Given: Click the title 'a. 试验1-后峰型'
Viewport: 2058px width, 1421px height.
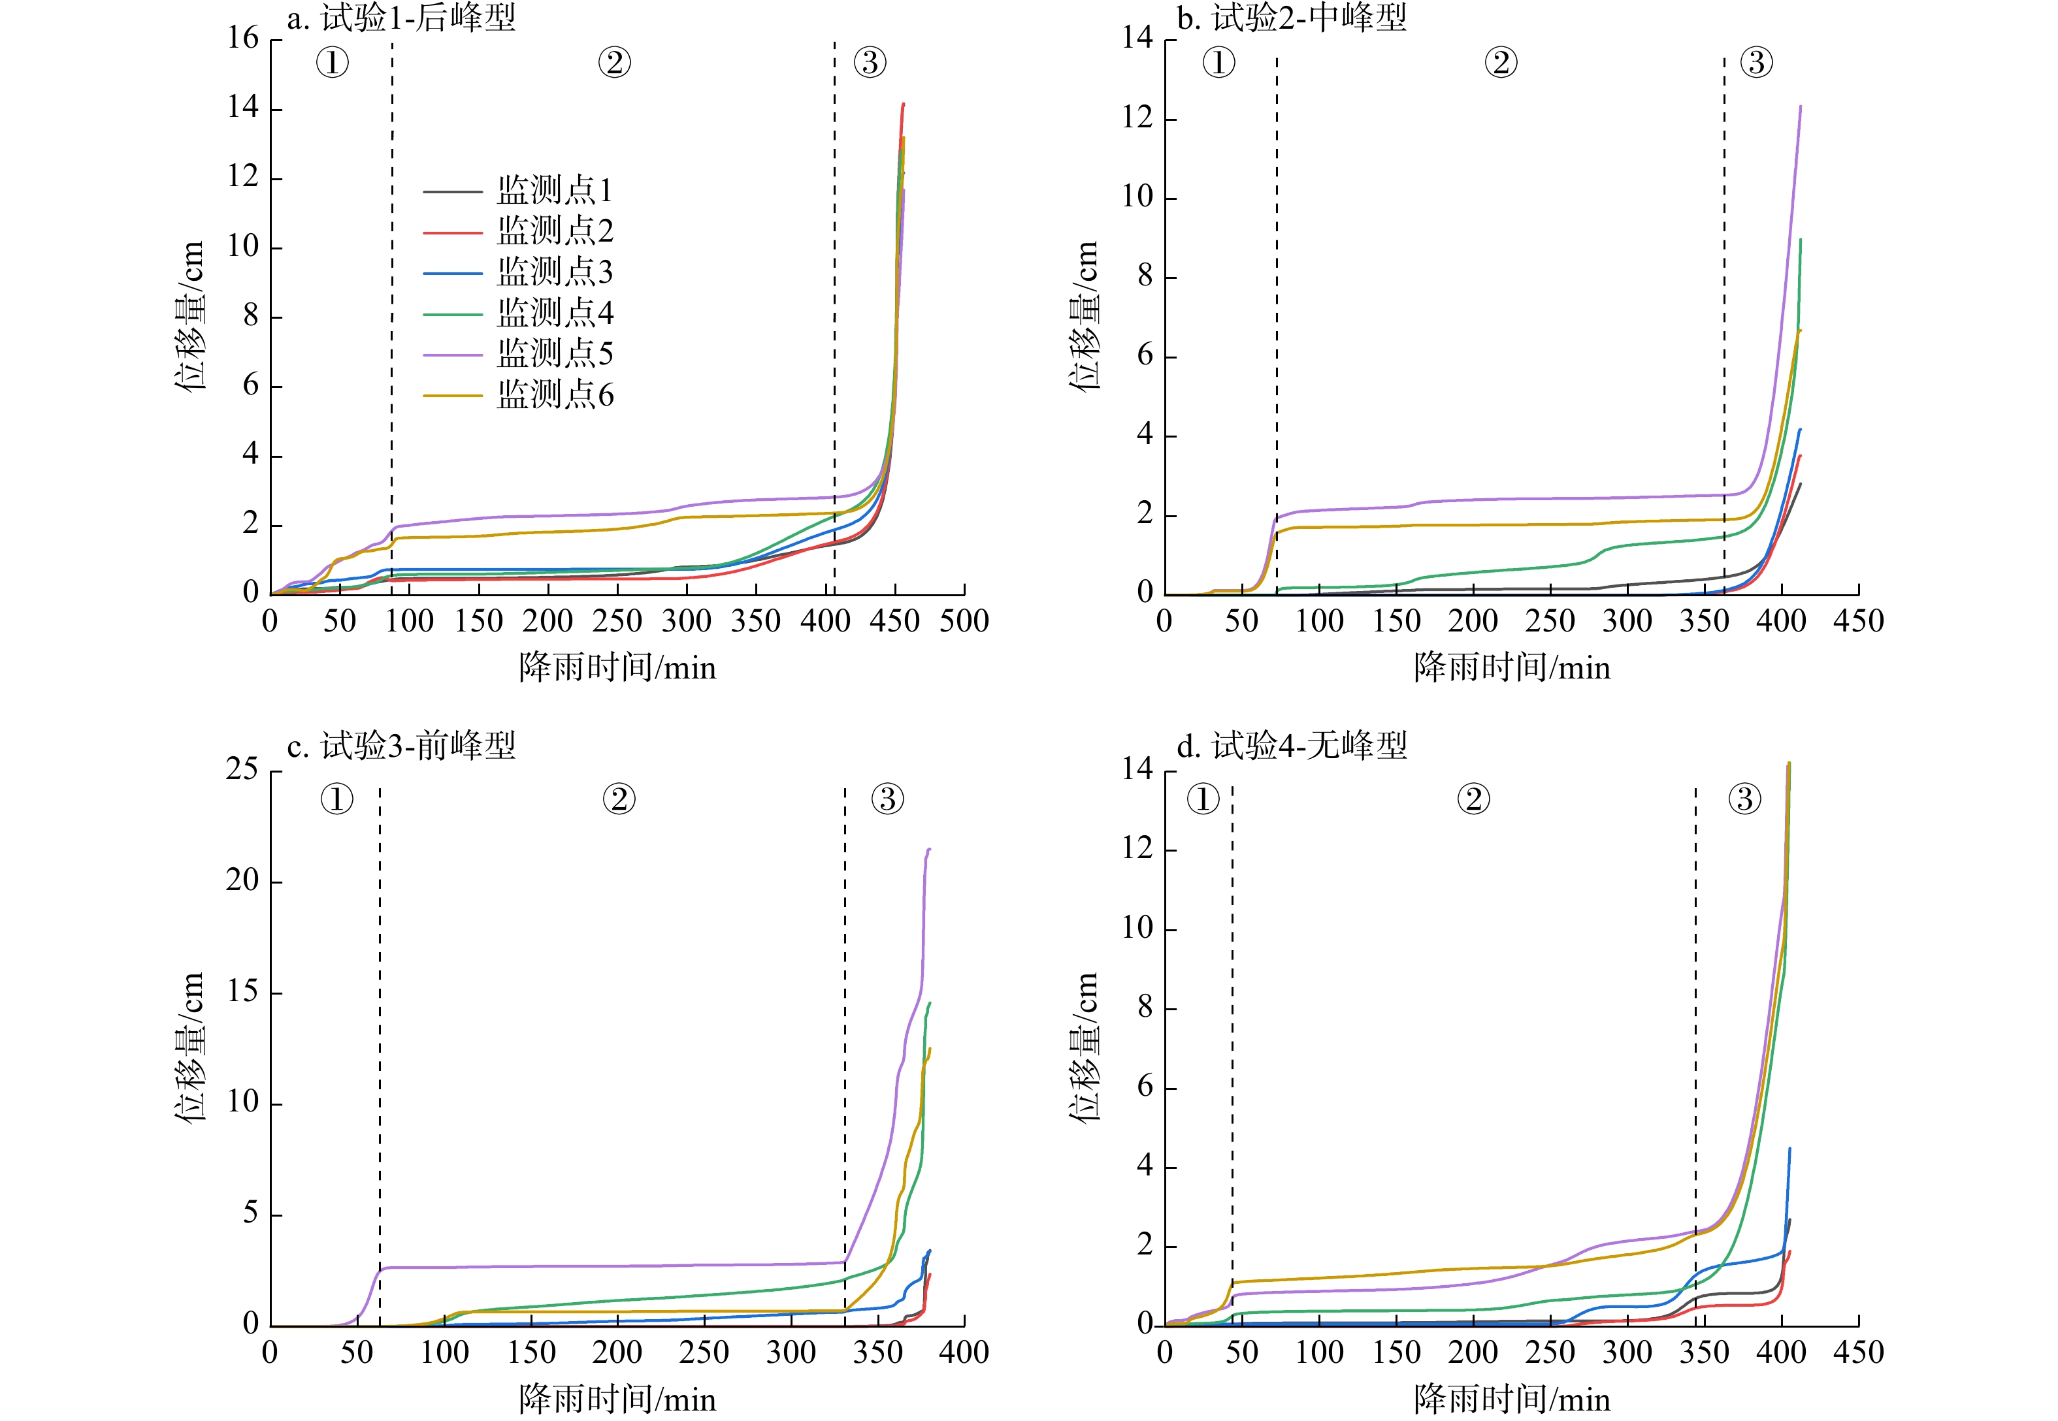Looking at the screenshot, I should pos(400,18).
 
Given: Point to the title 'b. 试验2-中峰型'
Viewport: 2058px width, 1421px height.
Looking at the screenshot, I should pos(1291,18).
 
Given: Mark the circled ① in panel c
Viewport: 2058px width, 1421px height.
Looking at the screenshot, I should pos(336,799).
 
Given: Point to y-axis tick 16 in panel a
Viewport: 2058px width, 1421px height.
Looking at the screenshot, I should pos(242,39).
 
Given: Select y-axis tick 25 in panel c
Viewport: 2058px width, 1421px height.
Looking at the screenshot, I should pos(242,769).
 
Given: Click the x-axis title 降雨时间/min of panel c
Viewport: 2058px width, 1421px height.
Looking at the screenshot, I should pos(617,1399).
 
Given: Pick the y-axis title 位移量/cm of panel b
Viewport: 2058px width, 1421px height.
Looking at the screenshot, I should pos(1084,316).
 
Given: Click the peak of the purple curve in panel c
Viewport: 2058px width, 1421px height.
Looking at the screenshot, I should pos(929,850).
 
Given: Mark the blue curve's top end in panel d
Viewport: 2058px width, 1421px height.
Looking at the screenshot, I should pos(1789,1149).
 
